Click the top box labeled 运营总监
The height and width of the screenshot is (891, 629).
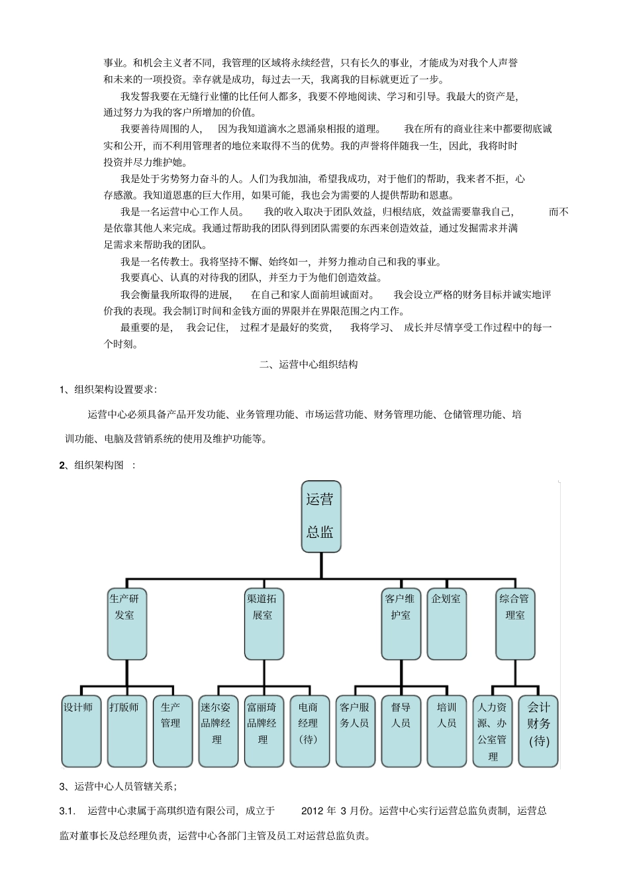321,517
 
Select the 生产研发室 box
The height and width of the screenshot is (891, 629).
126,623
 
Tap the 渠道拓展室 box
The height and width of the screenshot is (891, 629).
264,623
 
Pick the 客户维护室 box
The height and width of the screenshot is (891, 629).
401,623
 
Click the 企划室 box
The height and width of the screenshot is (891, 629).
447,623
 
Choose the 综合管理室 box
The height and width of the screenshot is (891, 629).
515,623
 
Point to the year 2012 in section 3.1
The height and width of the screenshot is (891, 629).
313,811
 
